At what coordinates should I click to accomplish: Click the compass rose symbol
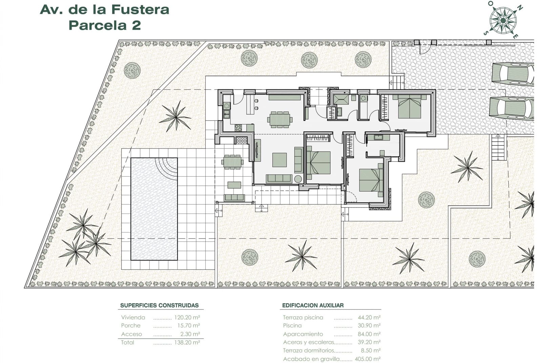point(503,21)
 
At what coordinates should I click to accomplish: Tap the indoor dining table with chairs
point(279,119)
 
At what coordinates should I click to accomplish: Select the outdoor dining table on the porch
point(232,162)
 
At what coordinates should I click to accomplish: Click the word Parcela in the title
point(97,25)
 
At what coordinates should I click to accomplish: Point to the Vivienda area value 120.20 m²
point(187,317)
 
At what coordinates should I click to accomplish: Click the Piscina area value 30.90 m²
point(369,325)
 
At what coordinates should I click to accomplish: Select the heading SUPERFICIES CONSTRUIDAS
point(159,305)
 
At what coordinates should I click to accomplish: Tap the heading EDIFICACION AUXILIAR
point(313,305)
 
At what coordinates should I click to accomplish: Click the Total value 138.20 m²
point(187,342)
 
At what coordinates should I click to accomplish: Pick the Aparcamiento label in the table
point(303,334)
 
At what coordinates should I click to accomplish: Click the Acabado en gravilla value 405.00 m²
point(368,359)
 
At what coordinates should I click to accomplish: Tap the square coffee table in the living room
point(279,160)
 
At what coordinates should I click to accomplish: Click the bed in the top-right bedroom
point(410,107)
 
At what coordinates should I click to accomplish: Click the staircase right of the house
point(498,147)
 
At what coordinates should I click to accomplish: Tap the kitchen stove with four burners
point(238,128)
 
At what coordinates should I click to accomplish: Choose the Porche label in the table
point(131,325)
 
